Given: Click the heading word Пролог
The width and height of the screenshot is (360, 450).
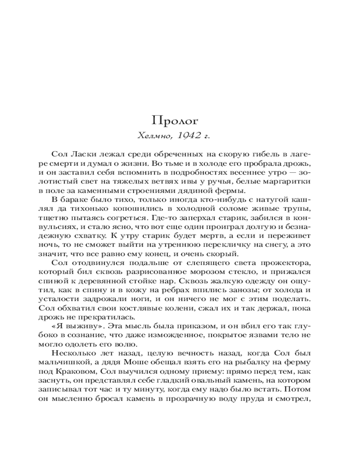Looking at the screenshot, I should (175, 120).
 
